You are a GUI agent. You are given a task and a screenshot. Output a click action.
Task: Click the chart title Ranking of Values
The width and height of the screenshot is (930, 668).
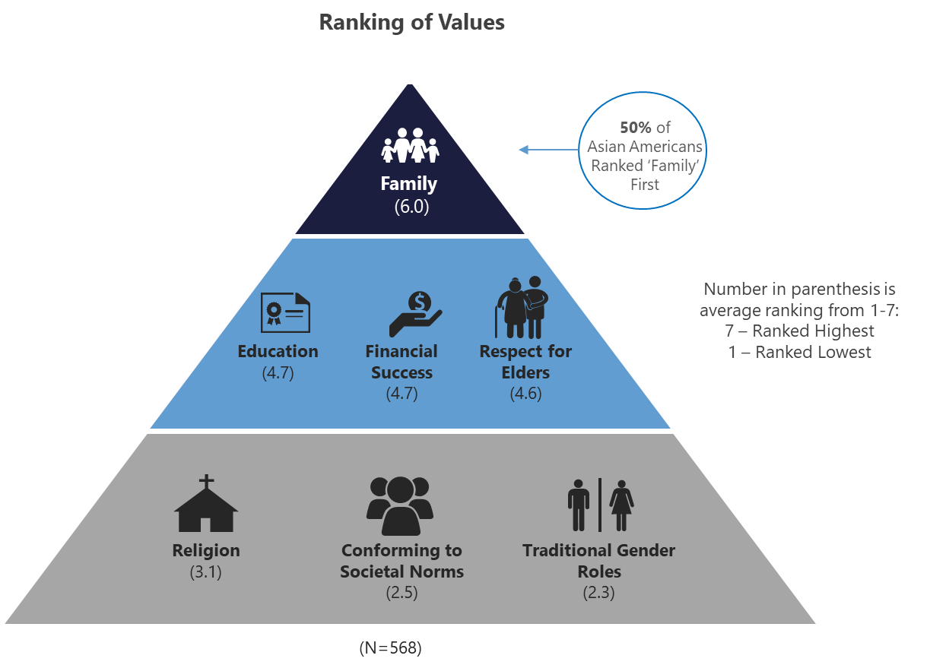(411, 22)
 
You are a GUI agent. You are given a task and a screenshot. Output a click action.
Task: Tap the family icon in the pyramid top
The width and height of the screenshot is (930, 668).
(410, 144)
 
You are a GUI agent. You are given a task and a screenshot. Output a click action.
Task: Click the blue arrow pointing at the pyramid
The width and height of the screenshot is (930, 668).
(548, 150)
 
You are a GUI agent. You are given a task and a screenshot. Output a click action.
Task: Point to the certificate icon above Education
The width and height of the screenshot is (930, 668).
(285, 312)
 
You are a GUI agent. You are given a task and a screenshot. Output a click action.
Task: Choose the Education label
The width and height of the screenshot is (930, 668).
(278, 351)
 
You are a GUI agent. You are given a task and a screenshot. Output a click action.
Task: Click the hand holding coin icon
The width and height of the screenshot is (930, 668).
(415, 314)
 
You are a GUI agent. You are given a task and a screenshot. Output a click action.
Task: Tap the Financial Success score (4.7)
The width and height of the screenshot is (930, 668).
(402, 393)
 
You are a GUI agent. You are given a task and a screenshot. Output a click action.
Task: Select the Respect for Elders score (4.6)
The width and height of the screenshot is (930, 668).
(525, 393)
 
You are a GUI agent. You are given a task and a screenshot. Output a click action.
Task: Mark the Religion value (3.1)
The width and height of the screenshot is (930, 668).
(205, 572)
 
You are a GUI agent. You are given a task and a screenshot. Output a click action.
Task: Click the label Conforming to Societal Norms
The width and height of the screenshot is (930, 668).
(402, 561)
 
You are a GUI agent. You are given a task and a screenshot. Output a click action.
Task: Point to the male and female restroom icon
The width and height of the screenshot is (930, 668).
(600, 505)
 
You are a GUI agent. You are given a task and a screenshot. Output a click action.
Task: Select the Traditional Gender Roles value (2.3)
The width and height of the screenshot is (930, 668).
(598, 593)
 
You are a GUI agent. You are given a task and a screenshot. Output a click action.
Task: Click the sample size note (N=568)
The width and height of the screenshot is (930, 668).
(390, 649)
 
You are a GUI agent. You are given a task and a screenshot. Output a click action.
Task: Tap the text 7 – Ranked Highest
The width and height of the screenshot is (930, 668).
(798, 331)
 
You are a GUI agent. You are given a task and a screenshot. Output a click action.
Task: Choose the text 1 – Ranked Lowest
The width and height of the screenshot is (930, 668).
(798, 352)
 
